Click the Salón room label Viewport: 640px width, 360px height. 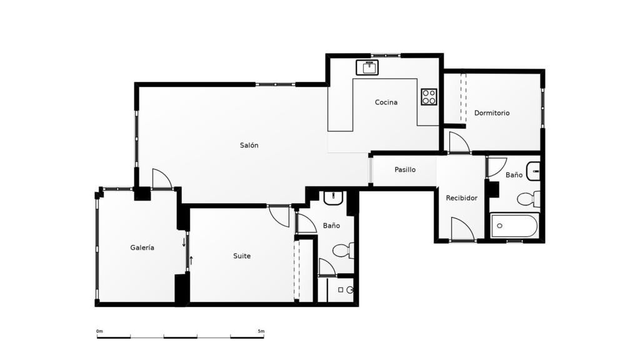click(x=249, y=145)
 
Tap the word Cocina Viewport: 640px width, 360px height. click(x=386, y=102)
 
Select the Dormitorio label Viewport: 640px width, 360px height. click(x=492, y=113)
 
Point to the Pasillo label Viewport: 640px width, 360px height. click(x=405, y=169)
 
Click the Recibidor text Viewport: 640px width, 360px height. click(x=462, y=198)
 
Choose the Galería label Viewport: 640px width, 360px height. click(x=142, y=247)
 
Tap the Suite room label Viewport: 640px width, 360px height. click(x=242, y=256)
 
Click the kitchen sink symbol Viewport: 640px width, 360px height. click(x=367, y=67)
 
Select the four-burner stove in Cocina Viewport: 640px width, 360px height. click(x=429, y=97)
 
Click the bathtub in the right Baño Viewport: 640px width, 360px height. click(x=515, y=226)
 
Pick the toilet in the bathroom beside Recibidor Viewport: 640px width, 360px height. click(x=529, y=199)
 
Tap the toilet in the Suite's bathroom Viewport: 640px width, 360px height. click(x=343, y=250)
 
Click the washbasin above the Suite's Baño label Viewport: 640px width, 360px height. click(x=334, y=198)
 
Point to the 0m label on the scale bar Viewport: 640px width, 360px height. click(x=99, y=331)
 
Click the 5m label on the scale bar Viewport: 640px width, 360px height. click(x=261, y=331)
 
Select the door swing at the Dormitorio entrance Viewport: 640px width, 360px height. click(x=459, y=142)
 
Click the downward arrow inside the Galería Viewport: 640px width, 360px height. click(x=184, y=242)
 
